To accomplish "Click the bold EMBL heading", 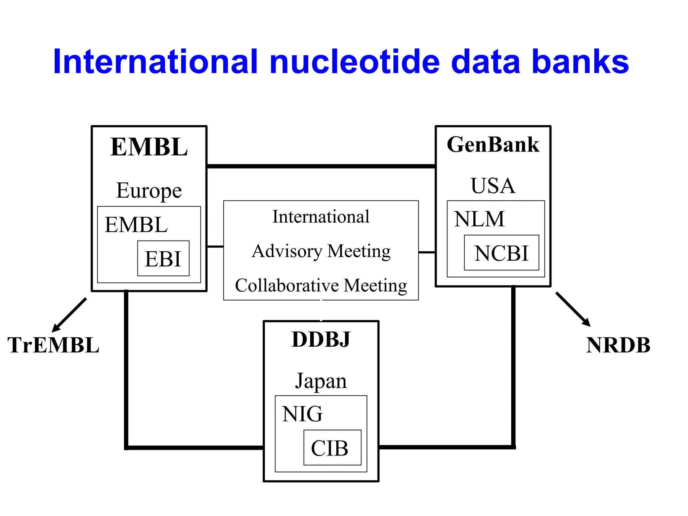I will click(x=149, y=147).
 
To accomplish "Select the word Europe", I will click(x=149, y=191).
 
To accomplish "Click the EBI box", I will click(x=163, y=259).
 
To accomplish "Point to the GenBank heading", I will click(x=493, y=145).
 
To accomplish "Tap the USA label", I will click(x=493, y=185).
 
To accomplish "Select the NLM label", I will click(x=479, y=219).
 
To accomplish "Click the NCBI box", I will click(x=501, y=253).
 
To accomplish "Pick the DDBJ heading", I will click(x=321, y=339).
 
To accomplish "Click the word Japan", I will click(x=321, y=381).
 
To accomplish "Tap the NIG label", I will click(x=302, y=414).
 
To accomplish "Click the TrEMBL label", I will click(x=53, y=345).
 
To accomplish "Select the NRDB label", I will click(x=618, y=345).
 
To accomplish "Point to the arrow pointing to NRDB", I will click(x=573, y=309).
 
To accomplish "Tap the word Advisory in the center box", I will click(x=287, y=251).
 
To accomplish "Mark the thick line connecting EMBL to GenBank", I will click(x=321, y=166).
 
